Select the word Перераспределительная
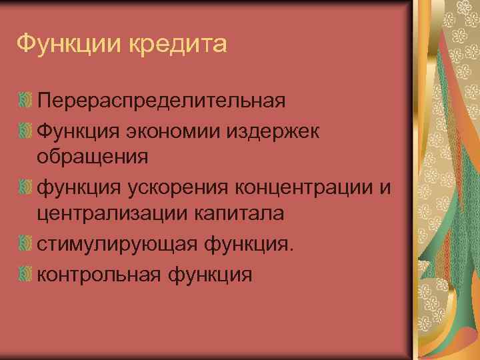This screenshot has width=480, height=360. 162,101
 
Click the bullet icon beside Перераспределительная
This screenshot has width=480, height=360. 25,101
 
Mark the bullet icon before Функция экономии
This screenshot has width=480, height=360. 25,130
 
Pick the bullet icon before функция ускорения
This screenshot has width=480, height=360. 25,187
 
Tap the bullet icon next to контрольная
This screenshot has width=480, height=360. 25,273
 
